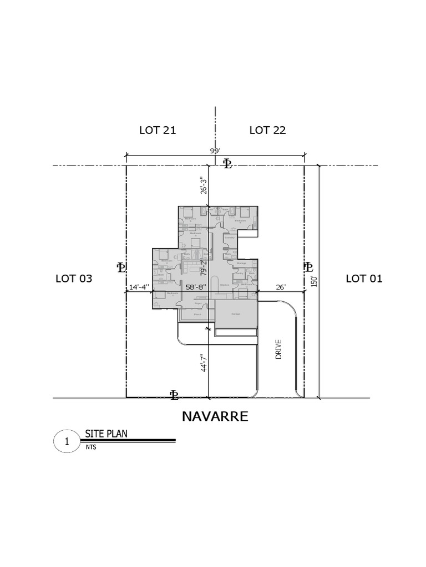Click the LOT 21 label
point(158,131)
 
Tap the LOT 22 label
point(267,131)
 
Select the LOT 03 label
point(74,279)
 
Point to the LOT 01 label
point(364,279)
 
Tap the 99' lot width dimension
point(215,151)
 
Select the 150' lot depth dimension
point(315,281)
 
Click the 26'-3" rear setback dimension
point(204,185)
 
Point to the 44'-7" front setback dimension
point(204,363)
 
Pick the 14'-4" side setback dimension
point(139,287)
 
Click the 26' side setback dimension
point(280,287)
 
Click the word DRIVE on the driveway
point(279,349)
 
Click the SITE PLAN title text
point(106,434)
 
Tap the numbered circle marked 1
point(67,442)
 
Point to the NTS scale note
point(91,447)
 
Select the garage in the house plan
point(236,314)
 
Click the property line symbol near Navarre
point(174,394)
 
